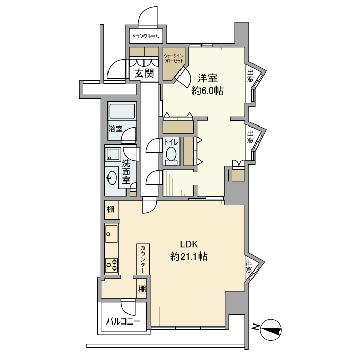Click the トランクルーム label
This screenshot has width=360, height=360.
click(146, 36)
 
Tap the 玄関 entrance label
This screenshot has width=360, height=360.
click(145, 74)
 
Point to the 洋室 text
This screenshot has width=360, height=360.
click(208, 79)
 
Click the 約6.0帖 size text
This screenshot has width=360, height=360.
click(208, 91)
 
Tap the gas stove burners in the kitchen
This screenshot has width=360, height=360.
click(112, 264)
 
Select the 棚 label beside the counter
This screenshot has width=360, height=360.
click(142, 289)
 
